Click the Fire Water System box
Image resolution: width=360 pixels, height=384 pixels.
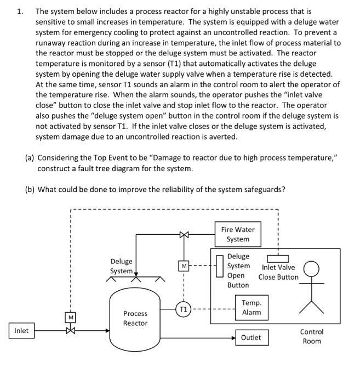point(237,234)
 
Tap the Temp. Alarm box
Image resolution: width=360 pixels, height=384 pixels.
point(251,308)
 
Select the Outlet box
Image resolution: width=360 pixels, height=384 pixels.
point(250,337)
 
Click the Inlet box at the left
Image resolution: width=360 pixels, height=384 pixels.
point(21,331)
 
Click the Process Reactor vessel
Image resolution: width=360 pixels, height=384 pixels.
point(135,318)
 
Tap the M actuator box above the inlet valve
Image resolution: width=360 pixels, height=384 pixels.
point(70,317)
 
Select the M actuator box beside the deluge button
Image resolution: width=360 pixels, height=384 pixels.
point(184,267)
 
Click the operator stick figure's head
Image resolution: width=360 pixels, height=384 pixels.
point(312,268)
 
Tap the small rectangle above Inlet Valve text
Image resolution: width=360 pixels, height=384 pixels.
point(278,258)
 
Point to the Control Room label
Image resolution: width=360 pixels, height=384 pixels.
point(312,336)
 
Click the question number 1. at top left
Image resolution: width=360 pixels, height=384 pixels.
point(20,10)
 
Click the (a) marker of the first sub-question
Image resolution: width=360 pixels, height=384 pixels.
point(30,158)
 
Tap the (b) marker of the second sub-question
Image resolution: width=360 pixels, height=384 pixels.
point(30,190)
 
